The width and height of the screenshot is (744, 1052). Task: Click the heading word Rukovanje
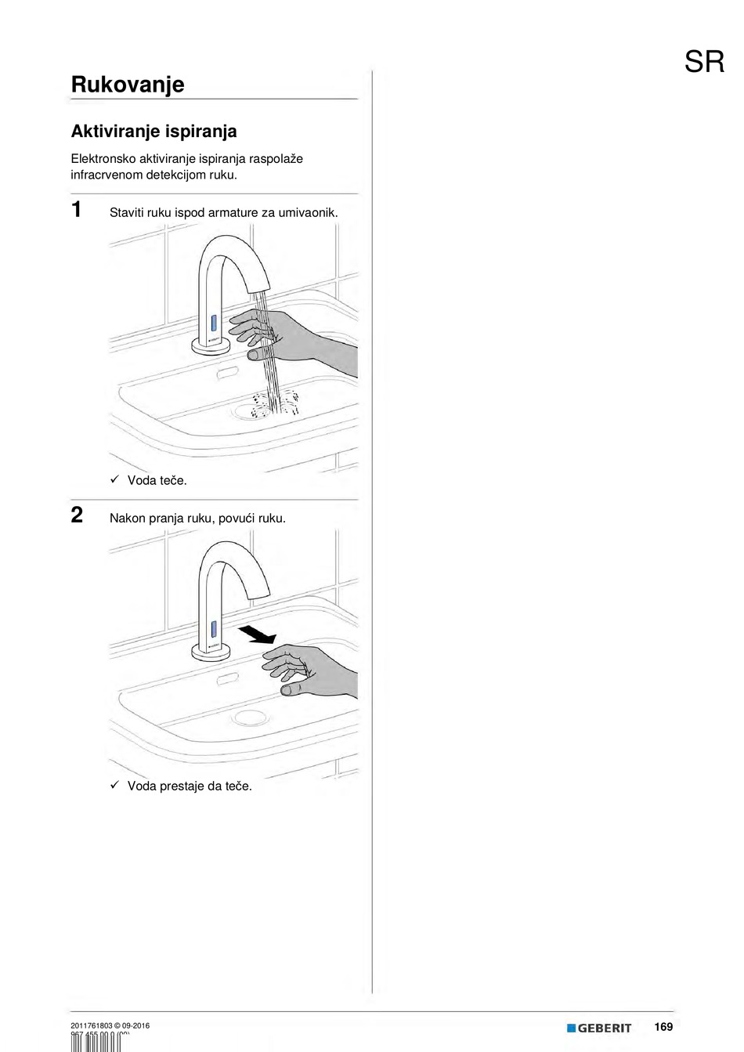point(128,85)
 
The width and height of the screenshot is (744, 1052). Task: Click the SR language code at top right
point(704,62)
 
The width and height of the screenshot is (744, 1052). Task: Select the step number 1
point(77,210)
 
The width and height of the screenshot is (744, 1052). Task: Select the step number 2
point(77,515)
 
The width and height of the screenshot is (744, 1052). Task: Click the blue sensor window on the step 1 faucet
point(212,323)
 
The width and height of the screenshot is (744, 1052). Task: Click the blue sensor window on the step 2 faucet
point(212,629)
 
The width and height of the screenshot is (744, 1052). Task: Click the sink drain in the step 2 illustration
point(251,717)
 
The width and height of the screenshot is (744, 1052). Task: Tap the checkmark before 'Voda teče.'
point(114,479)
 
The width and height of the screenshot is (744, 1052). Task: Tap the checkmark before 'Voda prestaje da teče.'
point(114,785)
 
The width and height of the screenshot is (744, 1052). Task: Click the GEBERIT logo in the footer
point(599,1028)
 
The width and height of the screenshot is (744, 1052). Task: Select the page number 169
point(663,1027)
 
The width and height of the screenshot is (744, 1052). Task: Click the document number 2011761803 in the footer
point(91,1025)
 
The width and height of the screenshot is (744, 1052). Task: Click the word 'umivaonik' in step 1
point(307,212)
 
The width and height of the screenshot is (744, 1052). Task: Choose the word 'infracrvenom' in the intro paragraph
point(107,175)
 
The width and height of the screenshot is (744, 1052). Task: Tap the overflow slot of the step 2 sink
point(227,678)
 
